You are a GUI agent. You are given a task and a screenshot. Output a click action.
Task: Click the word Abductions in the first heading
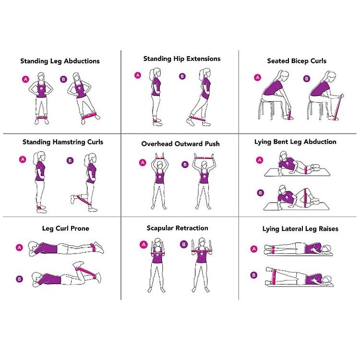pos(82,61)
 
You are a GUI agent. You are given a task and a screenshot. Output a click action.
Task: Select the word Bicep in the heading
pos(300,61)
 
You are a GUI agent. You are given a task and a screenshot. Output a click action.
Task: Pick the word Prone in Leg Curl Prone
pos(80,228)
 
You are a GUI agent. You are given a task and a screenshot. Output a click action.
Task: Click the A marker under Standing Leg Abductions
pos(25,79)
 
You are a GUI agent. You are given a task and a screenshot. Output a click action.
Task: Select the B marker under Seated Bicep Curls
pos(307,79)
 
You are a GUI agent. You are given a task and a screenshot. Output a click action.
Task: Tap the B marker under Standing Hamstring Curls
pos(70,160)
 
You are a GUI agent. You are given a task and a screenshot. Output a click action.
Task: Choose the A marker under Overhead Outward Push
pos(143,163)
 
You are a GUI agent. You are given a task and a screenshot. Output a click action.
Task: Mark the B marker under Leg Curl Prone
pos(19,279)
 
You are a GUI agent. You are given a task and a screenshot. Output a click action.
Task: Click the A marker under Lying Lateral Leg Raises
pos(254,249)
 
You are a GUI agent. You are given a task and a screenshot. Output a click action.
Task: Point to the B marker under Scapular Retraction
pos(183,244)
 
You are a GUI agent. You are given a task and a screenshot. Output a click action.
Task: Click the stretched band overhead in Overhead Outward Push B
pos(204,158)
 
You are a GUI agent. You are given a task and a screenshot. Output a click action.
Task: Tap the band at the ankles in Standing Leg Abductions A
pos(42,117)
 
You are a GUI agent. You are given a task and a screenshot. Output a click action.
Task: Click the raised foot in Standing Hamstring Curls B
pos(73,199)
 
